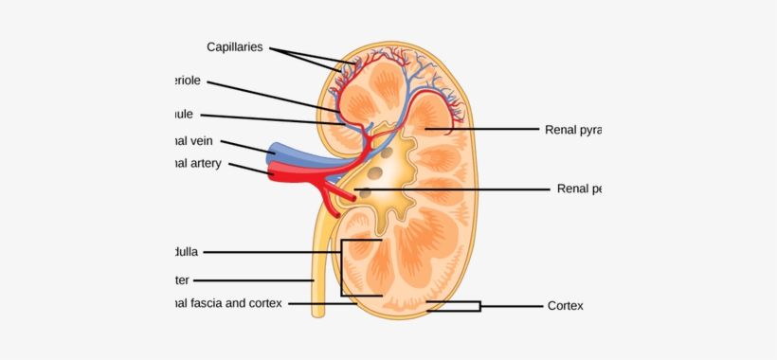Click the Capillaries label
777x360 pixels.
(236, 45)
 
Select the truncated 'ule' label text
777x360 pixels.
(182, 114)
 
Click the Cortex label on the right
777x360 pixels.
(565, 305)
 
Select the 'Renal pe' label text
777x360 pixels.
(579, 189)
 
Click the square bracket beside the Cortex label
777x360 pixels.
(479, 305)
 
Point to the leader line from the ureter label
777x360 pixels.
(256, 279)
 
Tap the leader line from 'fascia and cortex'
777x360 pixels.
(322, 304)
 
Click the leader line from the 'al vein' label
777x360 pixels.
(248, 145)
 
